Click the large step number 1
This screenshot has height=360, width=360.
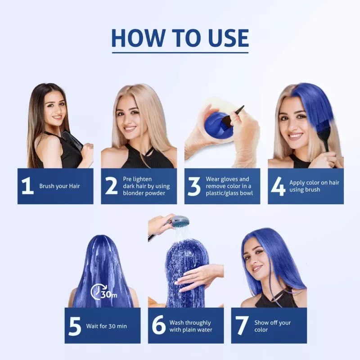coord(27,186)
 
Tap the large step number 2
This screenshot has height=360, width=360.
coord(111,186)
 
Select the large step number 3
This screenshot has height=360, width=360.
coord(194,186)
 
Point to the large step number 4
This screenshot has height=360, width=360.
coord(278,186)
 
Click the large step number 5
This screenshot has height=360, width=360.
coord(75,326)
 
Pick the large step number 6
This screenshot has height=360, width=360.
coord(158,326)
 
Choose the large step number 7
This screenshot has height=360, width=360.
coord(242,326)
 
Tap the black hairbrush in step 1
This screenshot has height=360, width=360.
coord(72,139)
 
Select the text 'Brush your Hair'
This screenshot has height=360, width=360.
coord(60,186)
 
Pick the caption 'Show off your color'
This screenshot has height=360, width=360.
coord(272,326)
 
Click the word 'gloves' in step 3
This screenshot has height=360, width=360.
coord(241,179)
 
